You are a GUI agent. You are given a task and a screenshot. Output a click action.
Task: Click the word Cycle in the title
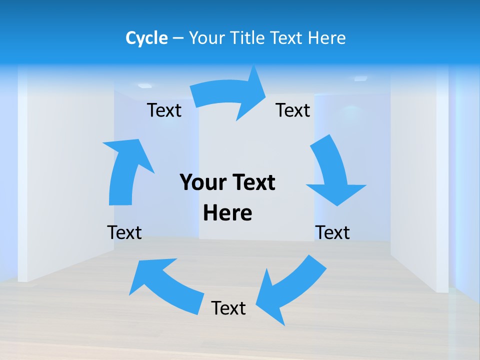[x=146, y=38]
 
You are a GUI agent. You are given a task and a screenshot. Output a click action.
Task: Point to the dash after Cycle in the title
[x=177, y=38]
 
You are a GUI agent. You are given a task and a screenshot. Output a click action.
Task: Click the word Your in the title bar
[x=206, y=38]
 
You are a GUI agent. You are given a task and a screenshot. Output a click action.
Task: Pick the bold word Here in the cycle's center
[x=227, y=213]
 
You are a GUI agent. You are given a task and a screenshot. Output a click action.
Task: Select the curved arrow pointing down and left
[x=290, y=290]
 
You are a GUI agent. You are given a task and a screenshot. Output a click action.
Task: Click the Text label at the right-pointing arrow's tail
[x=164, y=110]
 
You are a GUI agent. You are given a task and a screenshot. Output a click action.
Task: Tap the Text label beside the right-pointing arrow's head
[x=293, y=110]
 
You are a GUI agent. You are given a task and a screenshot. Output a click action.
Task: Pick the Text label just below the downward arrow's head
[x=332, y=232]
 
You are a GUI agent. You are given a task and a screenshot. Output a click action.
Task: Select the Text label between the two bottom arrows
[x=228, y=308]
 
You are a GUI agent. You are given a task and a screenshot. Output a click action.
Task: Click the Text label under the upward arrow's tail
[x=124, y=232]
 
